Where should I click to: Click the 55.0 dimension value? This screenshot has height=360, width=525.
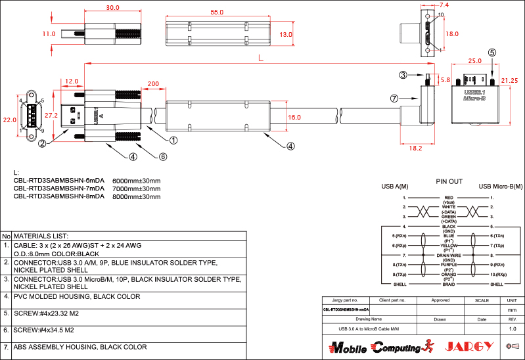coord(217,12)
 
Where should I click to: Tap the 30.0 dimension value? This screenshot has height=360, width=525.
coord(112,8)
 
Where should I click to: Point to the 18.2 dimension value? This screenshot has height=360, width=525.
coord(415,149)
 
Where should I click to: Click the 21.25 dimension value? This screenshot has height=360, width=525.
coord(509,80)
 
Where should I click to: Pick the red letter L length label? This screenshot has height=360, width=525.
coord(261,58)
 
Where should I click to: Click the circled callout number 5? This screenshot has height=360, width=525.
coord(492,52)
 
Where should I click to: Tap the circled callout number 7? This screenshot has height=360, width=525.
coord(394,99)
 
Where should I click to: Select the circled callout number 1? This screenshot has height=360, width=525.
coord(173,140)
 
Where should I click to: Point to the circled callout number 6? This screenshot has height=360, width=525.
coord(163,156)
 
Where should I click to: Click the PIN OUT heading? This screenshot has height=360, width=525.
coord(449,181)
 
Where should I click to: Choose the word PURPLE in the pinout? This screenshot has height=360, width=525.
coord(449,264)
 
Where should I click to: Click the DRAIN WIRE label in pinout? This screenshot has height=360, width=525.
coord(449,255)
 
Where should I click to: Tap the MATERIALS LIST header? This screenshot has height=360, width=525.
coord(41,235)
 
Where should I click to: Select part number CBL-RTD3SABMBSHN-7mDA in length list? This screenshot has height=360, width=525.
coord(58,188)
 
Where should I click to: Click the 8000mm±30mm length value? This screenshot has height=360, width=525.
coord(137,196)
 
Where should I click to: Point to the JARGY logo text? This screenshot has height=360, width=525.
coord(469,346)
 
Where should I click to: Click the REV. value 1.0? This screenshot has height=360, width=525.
coord(513,328)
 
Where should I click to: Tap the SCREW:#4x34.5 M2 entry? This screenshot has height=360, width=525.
coord(43,330)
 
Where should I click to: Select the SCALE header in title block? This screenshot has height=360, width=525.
coord(482,300)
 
